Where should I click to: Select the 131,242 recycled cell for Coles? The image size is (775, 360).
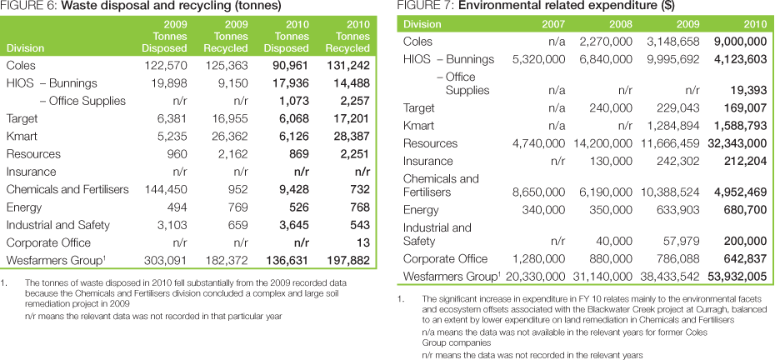click(349, 66)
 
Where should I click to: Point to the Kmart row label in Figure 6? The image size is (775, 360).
click(22, 137)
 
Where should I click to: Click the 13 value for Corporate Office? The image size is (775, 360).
click(362, 242)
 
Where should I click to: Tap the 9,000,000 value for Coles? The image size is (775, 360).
click(737, 41)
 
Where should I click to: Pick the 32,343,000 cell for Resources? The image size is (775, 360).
click(733, 144)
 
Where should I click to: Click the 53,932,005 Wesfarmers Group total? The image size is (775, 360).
click(733, 276)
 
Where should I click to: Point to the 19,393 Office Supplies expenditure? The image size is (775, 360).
click(747, 91)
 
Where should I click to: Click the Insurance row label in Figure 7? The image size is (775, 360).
click(427, 161)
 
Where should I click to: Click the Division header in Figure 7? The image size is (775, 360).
click(422, 24)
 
